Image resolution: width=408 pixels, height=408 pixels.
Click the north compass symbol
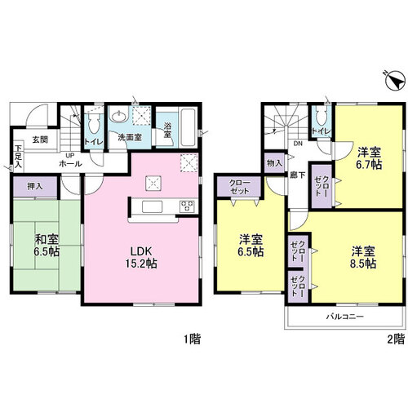[x=394, y=81]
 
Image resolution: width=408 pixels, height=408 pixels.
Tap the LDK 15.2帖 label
[x=141, y=258]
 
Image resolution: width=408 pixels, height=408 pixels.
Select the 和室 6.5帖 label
[x=47, y=246]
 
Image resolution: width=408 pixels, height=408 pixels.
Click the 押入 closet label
[x=35, y=186]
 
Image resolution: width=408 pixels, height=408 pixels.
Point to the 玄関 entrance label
[x=40, y=140]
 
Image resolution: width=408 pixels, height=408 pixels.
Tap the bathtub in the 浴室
[x=188, y=127]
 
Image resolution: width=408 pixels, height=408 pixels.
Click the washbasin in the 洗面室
[x=118, y=117]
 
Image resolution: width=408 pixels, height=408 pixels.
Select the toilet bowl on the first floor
[x=95, y=124]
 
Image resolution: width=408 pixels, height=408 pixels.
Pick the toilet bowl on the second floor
[x=322, y=117]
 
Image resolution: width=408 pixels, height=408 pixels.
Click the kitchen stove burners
[x=187, y=206]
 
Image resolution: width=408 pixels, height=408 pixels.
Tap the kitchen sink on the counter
[x=153, y=206]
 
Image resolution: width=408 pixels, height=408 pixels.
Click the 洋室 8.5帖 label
[x=363, y=258]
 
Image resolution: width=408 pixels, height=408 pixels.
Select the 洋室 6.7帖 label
[x=369, y=158]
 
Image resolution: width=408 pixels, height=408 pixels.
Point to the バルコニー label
[x=345, y=317]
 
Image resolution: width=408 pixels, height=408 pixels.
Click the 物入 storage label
[x=274, y=163]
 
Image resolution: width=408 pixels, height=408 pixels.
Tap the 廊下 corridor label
[x=297, y=175]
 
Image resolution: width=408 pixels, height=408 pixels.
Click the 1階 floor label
[x=193, y=339]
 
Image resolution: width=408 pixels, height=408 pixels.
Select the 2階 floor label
[x=396, y=339]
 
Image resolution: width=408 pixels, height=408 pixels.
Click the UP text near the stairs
[x=70, y=156]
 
